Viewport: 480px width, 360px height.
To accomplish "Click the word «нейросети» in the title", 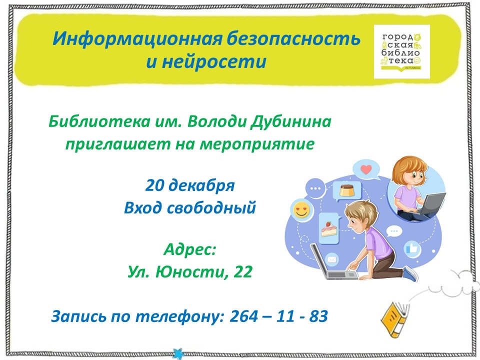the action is [214, 62].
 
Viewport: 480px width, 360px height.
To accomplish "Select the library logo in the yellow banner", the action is [401, 51].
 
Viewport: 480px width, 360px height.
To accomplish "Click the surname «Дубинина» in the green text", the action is [291, 122].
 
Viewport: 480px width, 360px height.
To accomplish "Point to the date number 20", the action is [155, 185].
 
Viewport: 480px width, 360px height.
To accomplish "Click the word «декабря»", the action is [201, 186].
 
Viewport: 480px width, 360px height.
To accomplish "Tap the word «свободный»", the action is [211, 208].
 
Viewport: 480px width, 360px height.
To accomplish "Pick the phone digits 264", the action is [243, 316].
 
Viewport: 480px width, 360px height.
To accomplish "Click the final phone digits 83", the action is [318, 316].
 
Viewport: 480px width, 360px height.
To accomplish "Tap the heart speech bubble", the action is [366, 169].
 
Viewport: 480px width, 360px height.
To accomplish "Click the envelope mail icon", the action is [332, 260].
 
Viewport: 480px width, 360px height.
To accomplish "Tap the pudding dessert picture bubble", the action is [347, 191].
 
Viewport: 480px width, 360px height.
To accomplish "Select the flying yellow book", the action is [395, 319].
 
